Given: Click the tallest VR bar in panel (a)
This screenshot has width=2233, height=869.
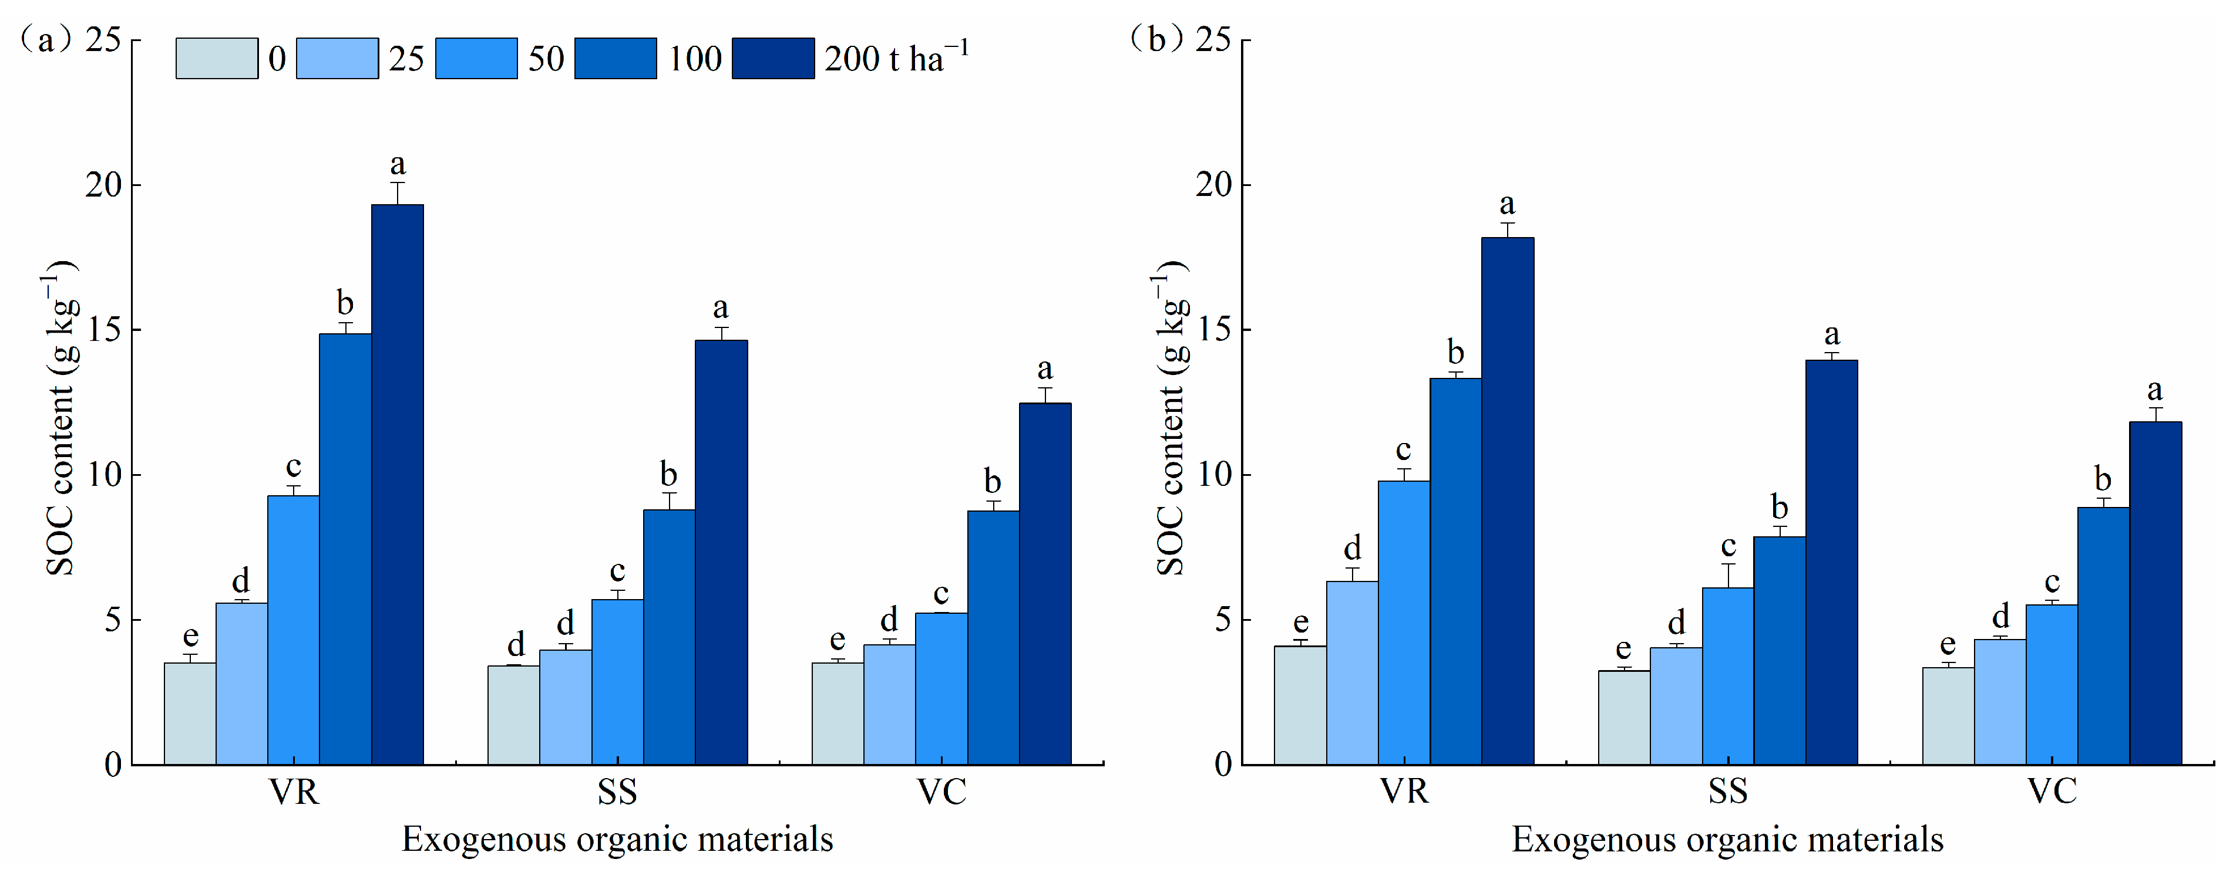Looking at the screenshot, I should click(x=397, y=485).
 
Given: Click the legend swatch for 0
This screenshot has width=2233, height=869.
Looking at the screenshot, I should click(x=216, y=59).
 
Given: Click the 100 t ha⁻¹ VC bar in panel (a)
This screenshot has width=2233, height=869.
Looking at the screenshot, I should click(x=993, y=638).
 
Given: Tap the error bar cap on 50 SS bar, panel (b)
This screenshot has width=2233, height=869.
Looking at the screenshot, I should click(x=1728, y=564).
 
